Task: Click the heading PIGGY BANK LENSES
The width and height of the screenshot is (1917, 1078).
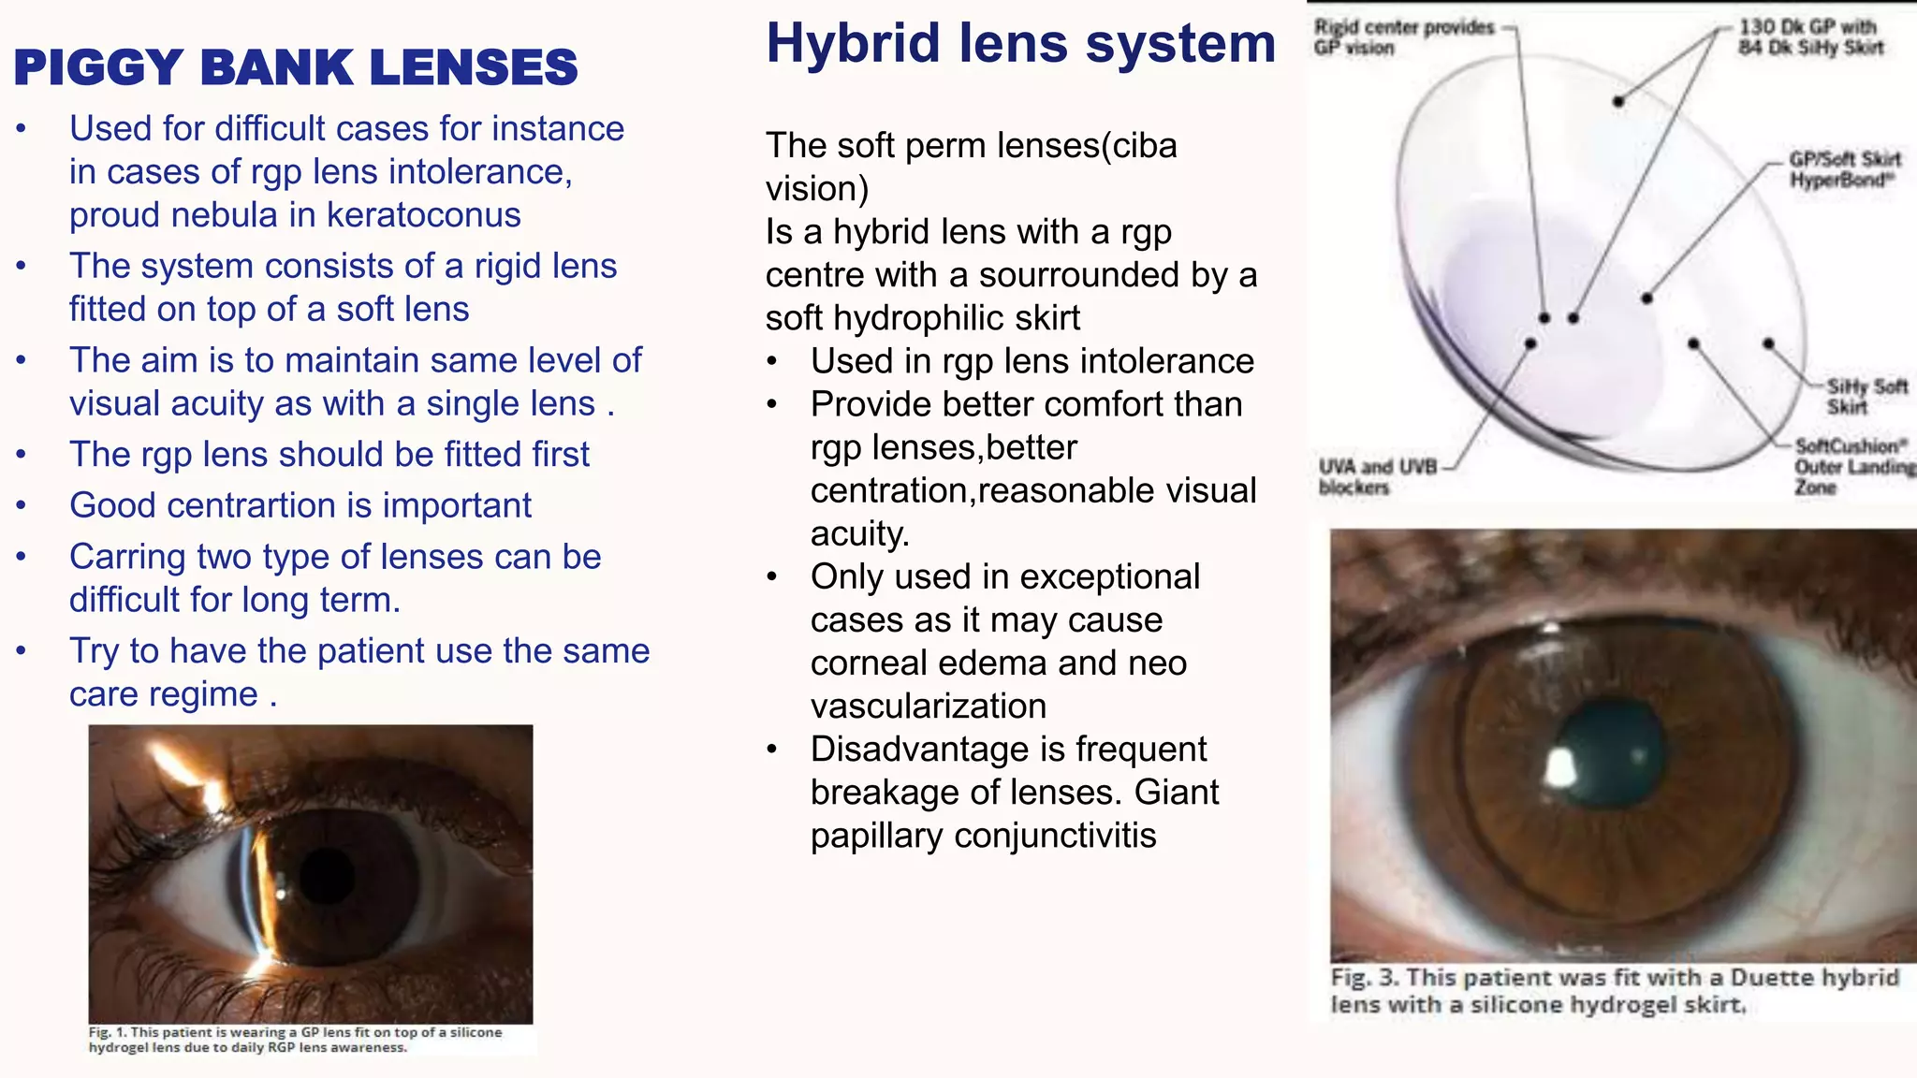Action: (296, 67)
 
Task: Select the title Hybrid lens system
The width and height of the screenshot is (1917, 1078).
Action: (1020, 43)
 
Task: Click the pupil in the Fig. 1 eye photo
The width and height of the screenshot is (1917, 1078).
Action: (327, 875)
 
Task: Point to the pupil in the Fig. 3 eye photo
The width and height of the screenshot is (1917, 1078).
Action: (1613, 754)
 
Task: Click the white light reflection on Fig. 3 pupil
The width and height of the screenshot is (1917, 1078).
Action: (1560, 768)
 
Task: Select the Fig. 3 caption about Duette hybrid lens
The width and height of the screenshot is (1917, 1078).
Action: (1614, 991)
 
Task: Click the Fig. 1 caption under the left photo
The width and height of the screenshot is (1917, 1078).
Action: (296, 1040)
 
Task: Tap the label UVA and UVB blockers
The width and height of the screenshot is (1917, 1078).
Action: (1376, 476)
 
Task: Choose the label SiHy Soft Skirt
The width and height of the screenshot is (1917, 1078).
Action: (1866, 396)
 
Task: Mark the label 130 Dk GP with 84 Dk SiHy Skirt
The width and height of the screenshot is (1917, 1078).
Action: (1809, 37)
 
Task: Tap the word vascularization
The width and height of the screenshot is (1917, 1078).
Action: (928, 707)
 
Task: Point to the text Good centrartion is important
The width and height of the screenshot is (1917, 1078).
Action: (300, 505)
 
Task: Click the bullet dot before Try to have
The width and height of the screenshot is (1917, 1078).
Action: (22, 651)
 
